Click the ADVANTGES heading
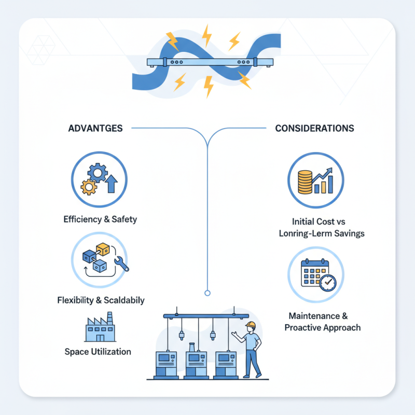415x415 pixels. [95, 128]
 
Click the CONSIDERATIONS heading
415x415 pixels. [314, 128]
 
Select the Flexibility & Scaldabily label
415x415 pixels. [101, 300]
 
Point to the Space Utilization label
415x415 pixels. [98, 352]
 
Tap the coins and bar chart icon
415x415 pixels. [315, 179]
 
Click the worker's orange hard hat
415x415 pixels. [251, 325]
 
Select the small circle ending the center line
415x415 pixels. [208, 293]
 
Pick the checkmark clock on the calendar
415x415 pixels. [328, 283]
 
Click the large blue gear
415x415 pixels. [98, 172]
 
